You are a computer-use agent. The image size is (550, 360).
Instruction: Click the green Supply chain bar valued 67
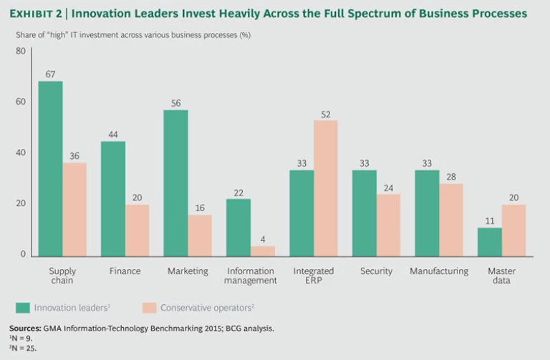click(50, 168)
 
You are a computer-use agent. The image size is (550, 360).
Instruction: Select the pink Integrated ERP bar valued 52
click(326, 188)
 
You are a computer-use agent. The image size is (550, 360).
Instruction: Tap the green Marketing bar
click(175, 183)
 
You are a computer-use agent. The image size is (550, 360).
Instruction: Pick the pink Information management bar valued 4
click(263, 250)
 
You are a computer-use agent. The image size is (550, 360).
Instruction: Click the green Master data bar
click(490, 241)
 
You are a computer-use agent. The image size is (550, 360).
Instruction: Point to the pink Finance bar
click(137, 230)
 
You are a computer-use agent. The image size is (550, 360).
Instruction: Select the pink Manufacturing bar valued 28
click(451, 219)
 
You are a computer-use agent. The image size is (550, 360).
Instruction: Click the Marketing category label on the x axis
click(188, 271)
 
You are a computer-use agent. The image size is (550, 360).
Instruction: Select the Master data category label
click(501, 276)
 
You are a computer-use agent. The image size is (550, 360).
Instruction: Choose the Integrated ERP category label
click(314, 276)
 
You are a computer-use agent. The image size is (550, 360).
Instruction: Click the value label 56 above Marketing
click(175, 102)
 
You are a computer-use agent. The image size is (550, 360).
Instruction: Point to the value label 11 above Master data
click(489, 220)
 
